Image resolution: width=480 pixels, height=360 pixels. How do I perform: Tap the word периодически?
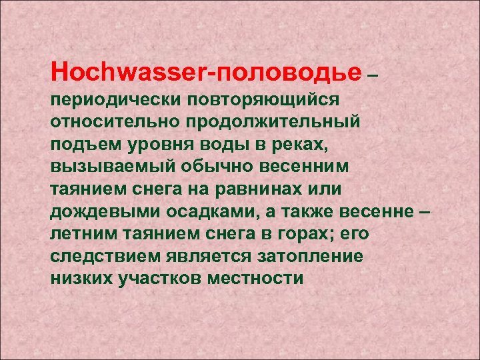[115, 101]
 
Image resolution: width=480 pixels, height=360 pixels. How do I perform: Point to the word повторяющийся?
[264, 101]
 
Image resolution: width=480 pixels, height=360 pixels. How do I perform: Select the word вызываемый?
[105, 167]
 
